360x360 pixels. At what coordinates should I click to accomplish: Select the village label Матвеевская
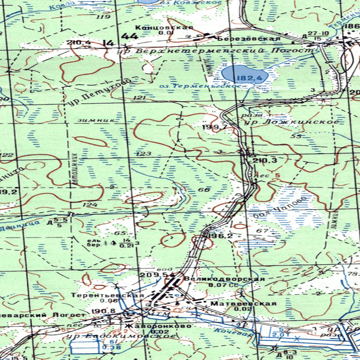pos(243,303)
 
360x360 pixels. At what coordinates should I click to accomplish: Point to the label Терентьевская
pos(108,295)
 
